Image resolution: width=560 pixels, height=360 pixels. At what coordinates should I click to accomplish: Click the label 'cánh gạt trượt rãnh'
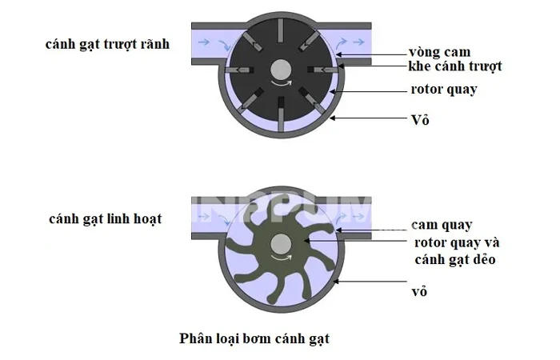click(107, 43)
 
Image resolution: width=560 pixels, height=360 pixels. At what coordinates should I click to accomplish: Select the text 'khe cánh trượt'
click(454, 66)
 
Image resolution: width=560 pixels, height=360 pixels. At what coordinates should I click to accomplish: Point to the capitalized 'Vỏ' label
click(416, 120)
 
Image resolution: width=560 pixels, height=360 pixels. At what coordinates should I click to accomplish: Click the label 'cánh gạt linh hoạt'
click(105, 218)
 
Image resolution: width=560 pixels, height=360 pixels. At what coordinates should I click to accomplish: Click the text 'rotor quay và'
click(457, 242)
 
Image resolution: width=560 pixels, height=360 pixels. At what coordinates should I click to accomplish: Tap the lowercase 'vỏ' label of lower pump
click(420, 292)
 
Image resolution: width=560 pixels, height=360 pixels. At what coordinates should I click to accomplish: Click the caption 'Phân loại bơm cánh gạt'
click(254, 338)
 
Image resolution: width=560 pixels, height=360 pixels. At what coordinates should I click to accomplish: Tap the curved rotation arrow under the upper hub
click(281, 82)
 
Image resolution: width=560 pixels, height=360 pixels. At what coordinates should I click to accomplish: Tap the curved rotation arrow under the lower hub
click(281, 259)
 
